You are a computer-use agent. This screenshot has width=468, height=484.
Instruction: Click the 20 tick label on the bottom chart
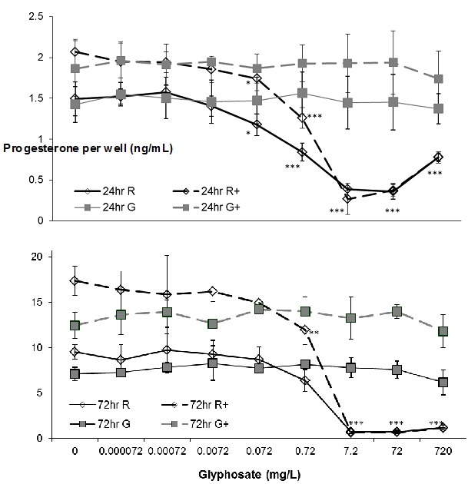pyautogui.click(x=43, y=257)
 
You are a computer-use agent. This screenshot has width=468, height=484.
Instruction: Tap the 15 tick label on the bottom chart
pyautogui.click(x=43, y=302)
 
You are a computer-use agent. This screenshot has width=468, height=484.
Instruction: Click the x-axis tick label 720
pyautogui.click(x=438, y=452)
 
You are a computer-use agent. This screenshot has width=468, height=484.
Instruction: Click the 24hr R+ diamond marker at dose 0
pyautogui.click(x=75, y=51)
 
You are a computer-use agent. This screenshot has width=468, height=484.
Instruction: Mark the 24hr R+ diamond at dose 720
pyautogui.click(x=437, y=157)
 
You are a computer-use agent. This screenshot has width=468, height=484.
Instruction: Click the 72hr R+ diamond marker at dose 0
pyautogui.click(x=75, y=281)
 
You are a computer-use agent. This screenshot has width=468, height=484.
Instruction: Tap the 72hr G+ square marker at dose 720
pyautogui.click(x=438, y=332)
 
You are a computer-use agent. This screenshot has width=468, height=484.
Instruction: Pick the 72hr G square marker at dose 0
pyautogui.click(x=75, y=374)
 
